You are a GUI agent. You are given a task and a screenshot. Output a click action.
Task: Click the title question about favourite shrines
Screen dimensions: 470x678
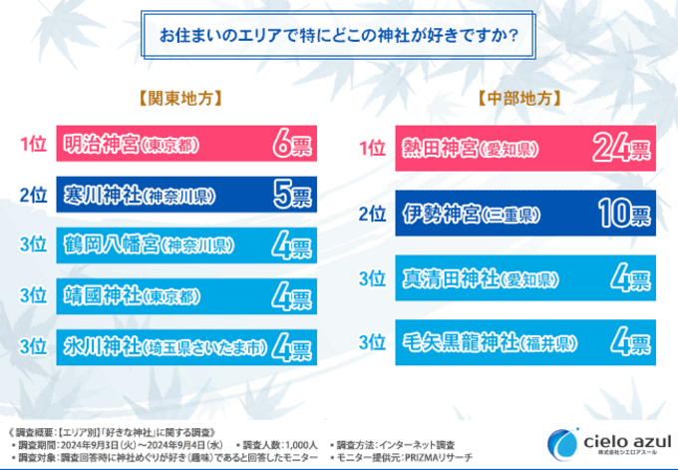[338, 37]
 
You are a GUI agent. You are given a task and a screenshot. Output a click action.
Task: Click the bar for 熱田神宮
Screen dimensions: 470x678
[525, 149]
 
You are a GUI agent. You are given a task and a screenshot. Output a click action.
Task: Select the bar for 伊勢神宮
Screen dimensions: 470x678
[525, 214]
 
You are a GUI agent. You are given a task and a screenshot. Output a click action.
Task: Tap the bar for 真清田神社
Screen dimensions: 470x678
[525, 277]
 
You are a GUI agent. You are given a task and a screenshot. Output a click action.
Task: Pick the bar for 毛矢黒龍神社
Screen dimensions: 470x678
[525, 342]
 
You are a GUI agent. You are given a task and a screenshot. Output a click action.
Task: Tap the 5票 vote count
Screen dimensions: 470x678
[292, 195]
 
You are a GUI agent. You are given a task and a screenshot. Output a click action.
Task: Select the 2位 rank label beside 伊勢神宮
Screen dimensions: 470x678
[372, 214]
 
